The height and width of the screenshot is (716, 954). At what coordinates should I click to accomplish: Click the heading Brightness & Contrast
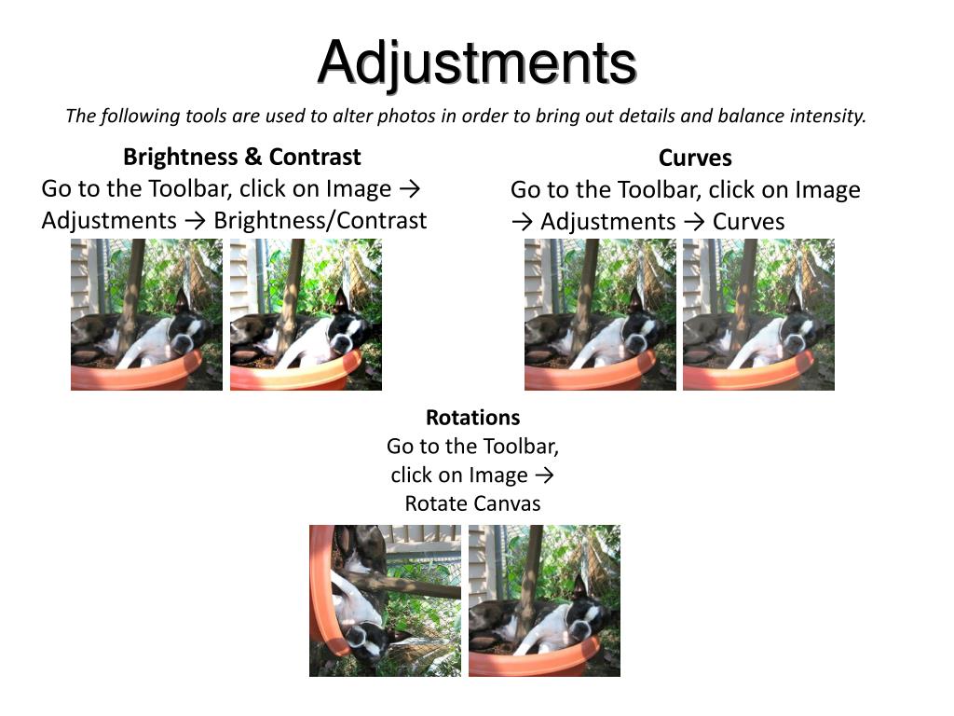[x=241, y=157]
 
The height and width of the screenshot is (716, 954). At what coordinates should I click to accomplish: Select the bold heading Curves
[x=695, y=158]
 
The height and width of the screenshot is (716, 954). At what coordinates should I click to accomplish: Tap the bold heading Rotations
[x=472, y=418]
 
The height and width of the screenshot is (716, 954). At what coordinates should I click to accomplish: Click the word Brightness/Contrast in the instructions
[x=320, y=220]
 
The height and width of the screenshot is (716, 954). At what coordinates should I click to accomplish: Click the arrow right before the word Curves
[x=694, y=222]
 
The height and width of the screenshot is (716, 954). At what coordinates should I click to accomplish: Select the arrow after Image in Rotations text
[x=544, y=475]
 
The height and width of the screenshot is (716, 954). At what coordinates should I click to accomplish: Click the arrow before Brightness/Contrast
[x=195, y=220]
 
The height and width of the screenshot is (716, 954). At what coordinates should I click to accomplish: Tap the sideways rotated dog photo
[x=385, y=601]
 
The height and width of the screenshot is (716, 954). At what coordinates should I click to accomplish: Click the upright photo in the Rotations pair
[x=544, y=601]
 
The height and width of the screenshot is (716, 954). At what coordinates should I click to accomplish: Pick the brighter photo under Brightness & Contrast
[x=306, y=314]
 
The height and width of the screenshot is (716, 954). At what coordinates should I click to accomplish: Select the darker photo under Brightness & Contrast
[x=146, y=314]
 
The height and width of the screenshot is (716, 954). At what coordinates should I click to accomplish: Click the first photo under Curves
[x=600, y=314]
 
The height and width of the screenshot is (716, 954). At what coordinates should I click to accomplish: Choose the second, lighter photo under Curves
[x=758, y=314]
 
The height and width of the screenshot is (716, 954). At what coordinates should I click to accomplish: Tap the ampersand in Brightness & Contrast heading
[x=253, y=157]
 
